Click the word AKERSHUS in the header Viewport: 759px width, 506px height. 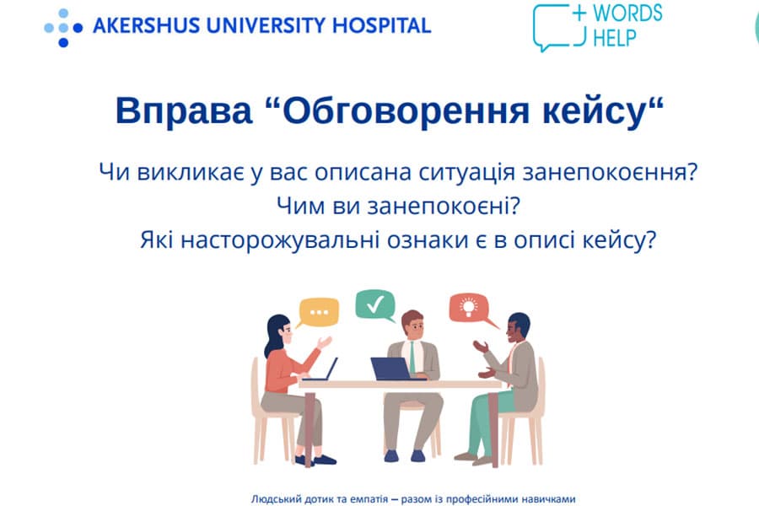click(146, 25)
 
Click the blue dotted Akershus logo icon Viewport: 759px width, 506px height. click(63, 28)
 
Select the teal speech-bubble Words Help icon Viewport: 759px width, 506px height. click(559, 27)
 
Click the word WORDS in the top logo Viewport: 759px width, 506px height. click(627, 13)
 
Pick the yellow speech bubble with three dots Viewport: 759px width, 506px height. click(318, 312)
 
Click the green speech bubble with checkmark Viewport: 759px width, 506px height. click(375, 305)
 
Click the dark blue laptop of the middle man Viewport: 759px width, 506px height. click(392, 369)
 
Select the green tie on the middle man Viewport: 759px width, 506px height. click(412, 358)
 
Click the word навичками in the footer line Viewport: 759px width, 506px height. click(552, 498)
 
